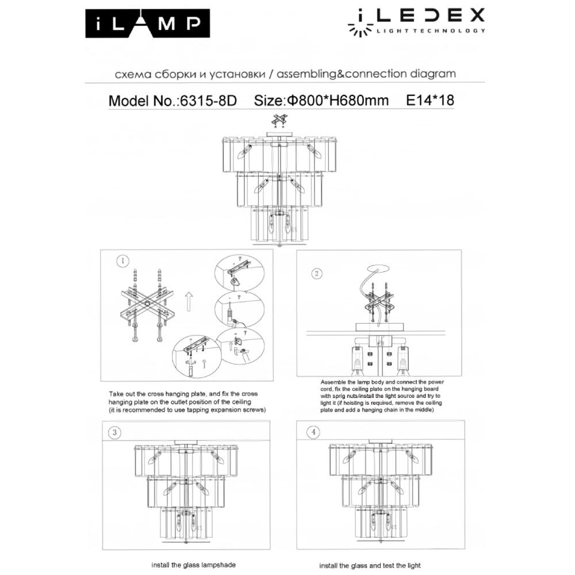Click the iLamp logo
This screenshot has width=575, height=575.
coord(147,23)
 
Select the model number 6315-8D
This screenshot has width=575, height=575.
coord(209,101)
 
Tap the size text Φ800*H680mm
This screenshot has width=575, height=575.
coord(337,101)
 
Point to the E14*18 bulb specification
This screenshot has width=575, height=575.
coord(430,101)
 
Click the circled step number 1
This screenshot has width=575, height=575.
coord(122,262)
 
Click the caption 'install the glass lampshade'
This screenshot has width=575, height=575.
coord(194,565)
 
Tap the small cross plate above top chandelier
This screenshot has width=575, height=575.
coord(279,120)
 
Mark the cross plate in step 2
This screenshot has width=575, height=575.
coord(382,304)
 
